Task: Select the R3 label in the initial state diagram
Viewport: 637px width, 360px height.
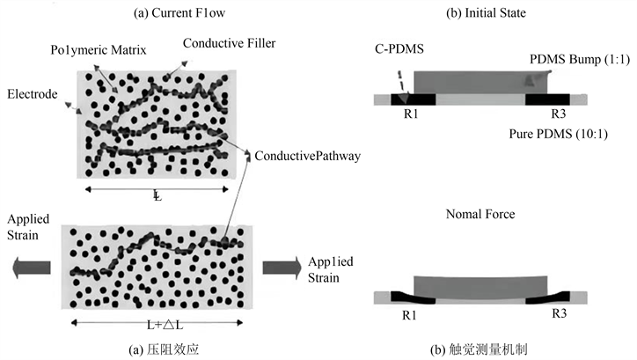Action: pos(556,114)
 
